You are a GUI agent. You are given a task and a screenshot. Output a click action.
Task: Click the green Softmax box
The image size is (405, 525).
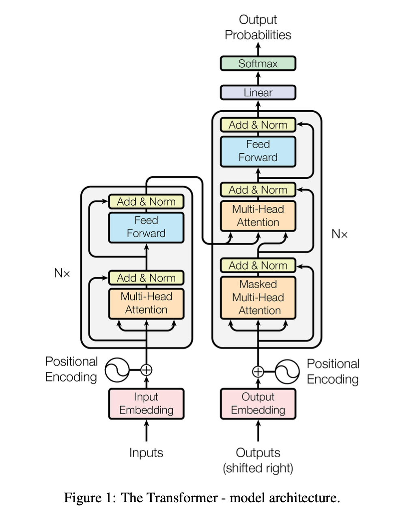pos(258,64)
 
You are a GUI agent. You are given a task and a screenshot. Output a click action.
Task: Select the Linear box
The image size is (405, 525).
pos(258,92)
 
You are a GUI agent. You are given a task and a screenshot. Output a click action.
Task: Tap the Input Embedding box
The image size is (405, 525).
pos(146,403)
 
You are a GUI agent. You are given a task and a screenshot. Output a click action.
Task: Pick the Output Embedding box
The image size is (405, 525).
pos(258,403)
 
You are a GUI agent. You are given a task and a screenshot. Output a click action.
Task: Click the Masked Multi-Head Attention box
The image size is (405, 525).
pos(258,298)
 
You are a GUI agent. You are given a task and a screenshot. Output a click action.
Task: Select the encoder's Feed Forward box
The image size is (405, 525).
pos(146,227)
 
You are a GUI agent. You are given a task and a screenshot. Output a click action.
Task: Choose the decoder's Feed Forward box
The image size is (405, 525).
pos(258,152)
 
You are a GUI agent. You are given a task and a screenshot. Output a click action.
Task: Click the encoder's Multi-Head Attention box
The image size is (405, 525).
pos(146,304)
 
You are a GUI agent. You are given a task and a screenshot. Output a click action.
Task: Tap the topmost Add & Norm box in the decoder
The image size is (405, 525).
pos(258,125)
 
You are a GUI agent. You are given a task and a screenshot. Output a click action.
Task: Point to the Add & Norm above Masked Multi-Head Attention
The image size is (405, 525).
pos(258,266)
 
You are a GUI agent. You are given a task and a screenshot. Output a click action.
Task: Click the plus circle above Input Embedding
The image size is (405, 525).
pos(146,370)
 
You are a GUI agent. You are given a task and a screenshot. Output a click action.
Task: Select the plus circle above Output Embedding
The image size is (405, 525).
pos(258,372)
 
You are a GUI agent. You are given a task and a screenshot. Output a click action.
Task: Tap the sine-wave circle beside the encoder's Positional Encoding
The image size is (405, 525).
pos(117,370)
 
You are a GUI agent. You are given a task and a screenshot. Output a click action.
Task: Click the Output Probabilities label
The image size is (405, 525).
pos(258,27)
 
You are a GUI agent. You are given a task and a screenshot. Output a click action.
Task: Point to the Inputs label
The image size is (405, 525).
pos(146,453)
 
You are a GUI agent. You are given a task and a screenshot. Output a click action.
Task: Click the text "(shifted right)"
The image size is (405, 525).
pos(258,468)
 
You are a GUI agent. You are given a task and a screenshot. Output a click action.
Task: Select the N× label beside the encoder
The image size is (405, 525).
pos(62,273)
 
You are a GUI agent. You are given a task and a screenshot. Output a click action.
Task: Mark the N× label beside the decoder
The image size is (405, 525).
pos(340,234)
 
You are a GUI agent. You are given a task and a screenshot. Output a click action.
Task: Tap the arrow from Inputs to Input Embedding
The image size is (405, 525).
pos(146,431)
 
